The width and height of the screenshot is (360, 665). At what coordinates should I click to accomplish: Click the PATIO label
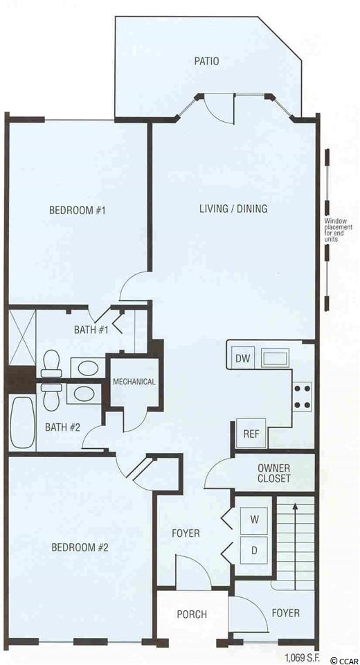(x=206, y=61)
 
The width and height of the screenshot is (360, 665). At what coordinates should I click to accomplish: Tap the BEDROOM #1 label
(x=77, y=211)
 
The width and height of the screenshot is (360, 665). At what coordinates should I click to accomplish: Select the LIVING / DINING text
(x=233, y=209)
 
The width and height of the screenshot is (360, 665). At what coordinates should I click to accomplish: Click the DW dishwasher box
(x=244, y=360)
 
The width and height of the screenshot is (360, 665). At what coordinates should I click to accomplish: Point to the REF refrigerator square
(x=251, y=433)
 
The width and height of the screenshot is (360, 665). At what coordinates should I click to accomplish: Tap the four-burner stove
(x=302, y=396)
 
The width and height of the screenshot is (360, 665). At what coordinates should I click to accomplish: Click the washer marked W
(x=254, y=520)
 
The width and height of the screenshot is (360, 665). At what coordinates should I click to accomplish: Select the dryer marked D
(x=254, y=549)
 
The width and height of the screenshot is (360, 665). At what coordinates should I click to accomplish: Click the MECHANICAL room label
(x=134, y=382)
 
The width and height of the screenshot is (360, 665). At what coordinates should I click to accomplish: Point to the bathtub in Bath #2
(x=21, y=423)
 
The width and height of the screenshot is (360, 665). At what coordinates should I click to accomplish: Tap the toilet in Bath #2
(x=51, y=398)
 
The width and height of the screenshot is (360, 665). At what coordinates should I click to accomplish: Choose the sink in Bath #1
(x=88, y=367)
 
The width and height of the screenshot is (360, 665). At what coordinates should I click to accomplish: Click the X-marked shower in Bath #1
(x=22, y=337)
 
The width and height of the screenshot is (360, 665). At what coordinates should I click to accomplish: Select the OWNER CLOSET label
(x=274, y=474)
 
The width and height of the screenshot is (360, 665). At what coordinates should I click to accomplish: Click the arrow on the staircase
(x=296, y=545)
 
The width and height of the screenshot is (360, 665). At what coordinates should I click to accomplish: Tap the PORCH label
(x=192, y=614)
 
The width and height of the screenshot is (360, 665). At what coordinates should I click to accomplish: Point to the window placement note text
(x=336, y=230)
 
